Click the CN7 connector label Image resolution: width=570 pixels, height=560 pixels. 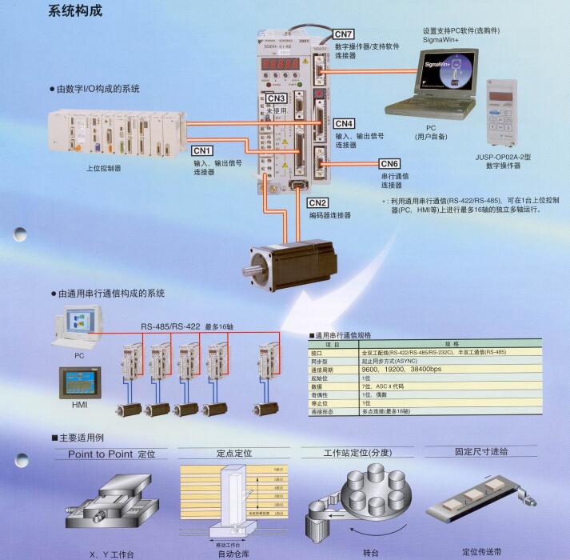pyautogui.click(x=343, y=34)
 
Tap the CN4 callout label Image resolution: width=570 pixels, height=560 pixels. pyautogui.click(x=345, y=123)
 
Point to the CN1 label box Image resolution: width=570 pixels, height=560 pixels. pyautogui.click(x=202, y=150)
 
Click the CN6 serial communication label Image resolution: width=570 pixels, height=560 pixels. pyautogui.click(x=389, y=164)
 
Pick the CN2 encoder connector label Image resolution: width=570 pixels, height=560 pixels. pyautogui.click(x=317, y=202)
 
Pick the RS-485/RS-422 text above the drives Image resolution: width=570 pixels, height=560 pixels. pyautogui.click(x=169, y=326)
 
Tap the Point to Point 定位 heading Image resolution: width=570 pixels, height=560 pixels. pyautogui.click(x=111, y=453)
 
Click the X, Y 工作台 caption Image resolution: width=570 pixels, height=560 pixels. pyautogui.click(x=111, y=552)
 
